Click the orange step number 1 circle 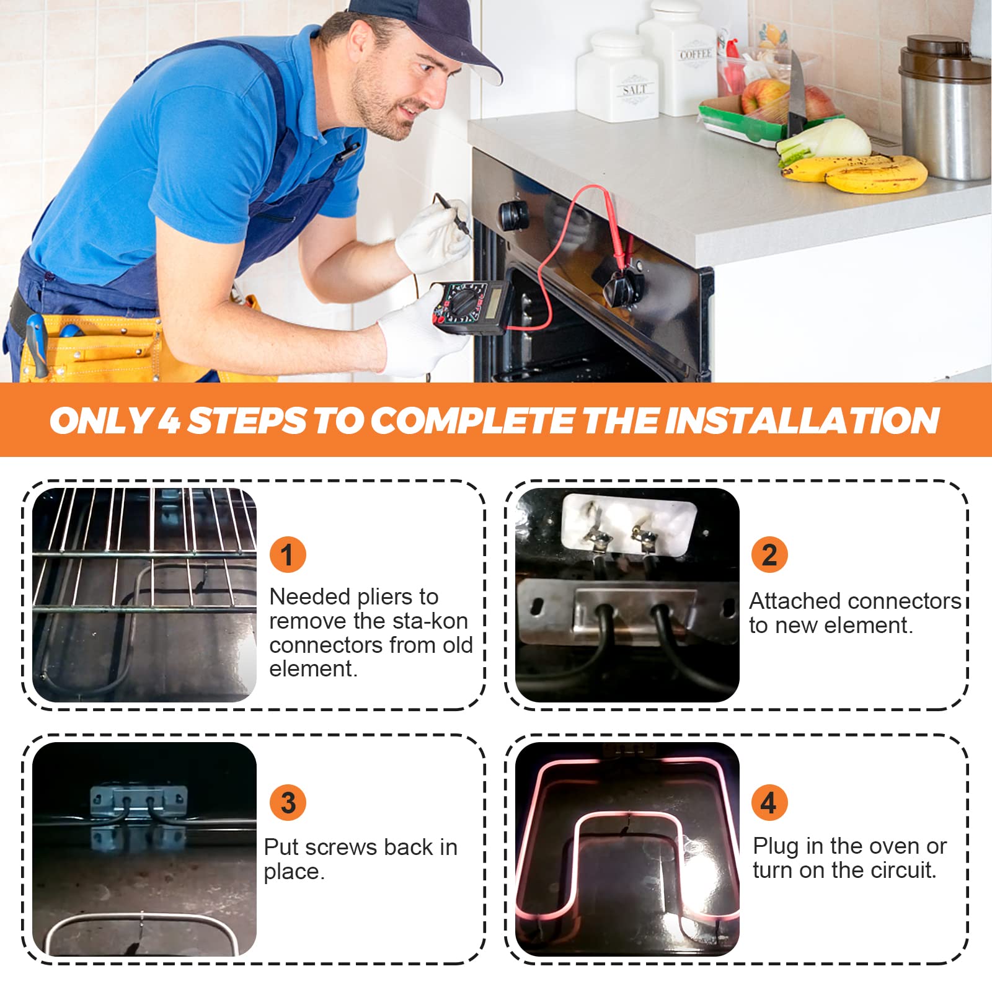click(288, 554)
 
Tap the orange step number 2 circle click(769, 554)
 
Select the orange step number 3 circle click(288, 802)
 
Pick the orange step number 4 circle click(769, 802)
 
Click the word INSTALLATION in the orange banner click(802, 420)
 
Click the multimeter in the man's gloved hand click(471, 306)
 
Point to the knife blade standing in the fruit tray click(796, 93)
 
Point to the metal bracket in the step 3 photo click(139, 800)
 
